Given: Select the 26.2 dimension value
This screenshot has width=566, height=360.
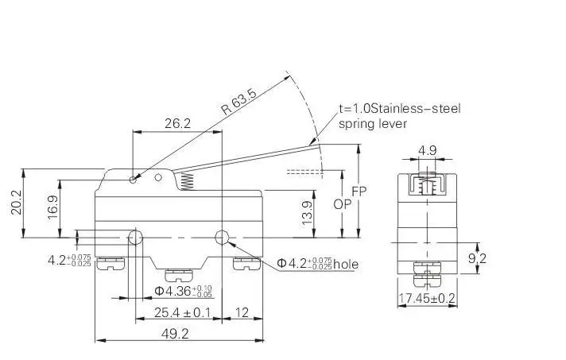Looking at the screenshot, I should [x=176, y=123].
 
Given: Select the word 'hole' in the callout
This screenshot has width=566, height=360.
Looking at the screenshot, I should [x=346, y=264].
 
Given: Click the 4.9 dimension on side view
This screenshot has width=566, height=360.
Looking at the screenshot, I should [x=427, y=149].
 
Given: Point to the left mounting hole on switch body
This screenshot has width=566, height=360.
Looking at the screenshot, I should [x=136, y=237].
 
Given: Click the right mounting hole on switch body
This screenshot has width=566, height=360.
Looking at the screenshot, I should [x=222, y=237].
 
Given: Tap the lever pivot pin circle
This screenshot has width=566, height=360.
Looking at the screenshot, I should [x=132, y=180].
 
